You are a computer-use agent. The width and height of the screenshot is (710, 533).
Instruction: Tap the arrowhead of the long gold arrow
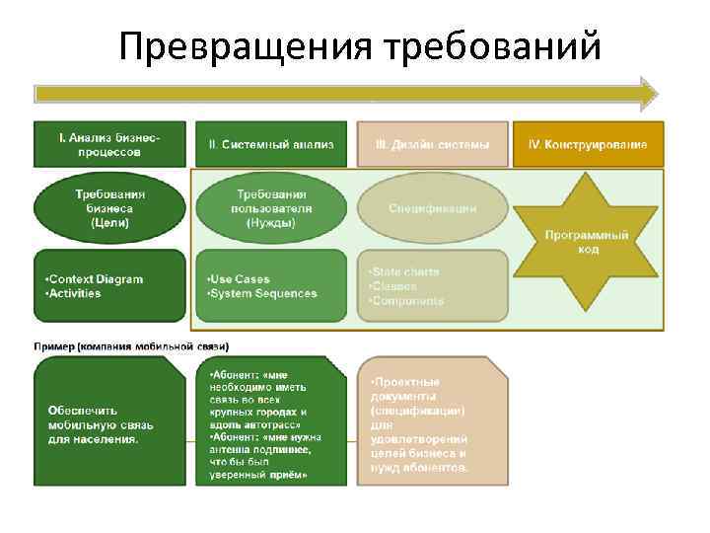[x=649, y=93]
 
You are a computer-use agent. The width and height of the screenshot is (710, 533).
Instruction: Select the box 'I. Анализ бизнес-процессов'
[x=109, y=144]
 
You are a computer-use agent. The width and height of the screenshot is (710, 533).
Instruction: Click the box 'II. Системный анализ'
[x=271, y=144]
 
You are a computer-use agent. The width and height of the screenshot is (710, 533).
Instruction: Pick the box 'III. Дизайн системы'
[x=432, y=144]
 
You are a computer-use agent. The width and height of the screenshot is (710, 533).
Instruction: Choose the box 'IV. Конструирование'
[x=588, y=144]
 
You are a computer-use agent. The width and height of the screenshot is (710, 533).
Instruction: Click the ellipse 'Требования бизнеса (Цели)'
[x=109, y=208]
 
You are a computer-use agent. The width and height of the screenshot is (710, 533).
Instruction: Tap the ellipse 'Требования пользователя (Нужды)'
[x=271, y=208]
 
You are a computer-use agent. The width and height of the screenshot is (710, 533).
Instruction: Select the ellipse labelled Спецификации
[x=432, y=208]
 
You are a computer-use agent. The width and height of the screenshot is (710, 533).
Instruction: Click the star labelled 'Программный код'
[x=588, y=242]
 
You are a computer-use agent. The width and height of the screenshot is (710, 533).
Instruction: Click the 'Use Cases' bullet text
[x=241, y=279]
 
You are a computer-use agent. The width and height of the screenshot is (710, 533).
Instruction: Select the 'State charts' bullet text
[x=405, y=271]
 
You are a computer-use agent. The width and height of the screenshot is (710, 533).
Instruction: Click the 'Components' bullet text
[x=407, y=300]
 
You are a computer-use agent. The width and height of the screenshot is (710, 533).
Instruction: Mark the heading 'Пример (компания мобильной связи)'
[x=131, y=346]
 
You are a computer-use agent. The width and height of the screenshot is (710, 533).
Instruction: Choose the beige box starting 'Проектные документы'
[x=432, y=423]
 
